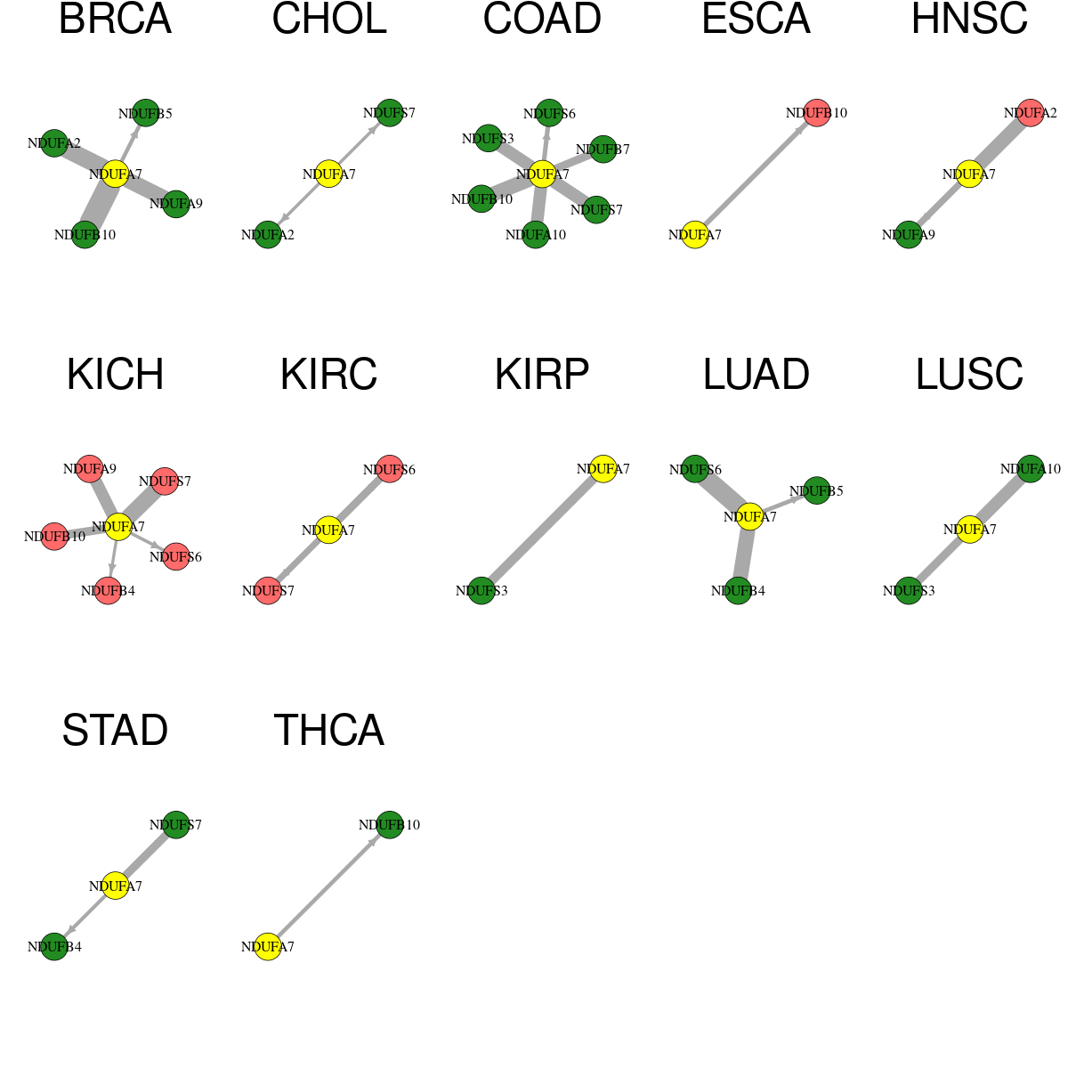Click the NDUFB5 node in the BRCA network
click(x=146, y=113)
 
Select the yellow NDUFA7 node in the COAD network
click(x=543, y=174)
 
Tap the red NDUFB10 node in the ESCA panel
click(x=817, y=113)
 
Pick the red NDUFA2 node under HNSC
click(x=1031, y=113)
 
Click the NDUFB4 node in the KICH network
click(x=108, y=591)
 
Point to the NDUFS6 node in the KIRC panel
click(x=390, y=469)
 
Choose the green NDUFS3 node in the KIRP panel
click(x=481, y=591)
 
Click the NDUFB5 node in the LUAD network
click(x=816, y=491)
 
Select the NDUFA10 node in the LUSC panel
click(x=1031, y=469)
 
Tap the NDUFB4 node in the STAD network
click(x=54, y=947)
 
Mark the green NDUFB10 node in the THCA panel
click(x=390, y=825)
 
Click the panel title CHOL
click(x=329, y=19)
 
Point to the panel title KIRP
click(x=542, y=375)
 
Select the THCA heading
click(x=329, y=731)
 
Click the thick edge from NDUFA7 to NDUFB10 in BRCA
click(x=100, y=205)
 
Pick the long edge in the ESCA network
click(x=756, y=174)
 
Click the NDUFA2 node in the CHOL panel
click(x=268, y=235)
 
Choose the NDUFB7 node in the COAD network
click(x=603, y=150)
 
